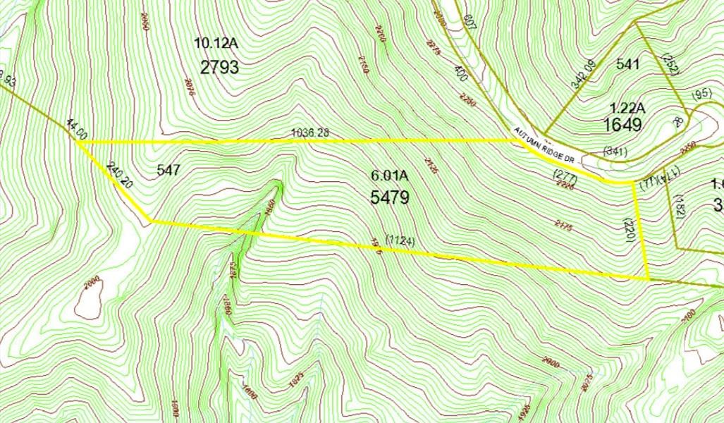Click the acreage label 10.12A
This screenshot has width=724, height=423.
tap(216, 44)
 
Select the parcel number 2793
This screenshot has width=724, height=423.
tap(219, 68)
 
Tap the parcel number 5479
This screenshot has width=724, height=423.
tap(390, 197)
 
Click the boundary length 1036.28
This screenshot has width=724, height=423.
tap(310, 133)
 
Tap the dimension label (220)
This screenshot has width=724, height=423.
tap(630, 231)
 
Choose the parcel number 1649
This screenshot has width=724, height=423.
tap(622, 125)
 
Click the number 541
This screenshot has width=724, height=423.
tap(627, 64)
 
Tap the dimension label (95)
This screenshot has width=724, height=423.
tap(702, 94)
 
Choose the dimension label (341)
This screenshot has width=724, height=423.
tap(616, 150)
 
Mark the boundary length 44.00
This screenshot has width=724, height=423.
tap(77, 130)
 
